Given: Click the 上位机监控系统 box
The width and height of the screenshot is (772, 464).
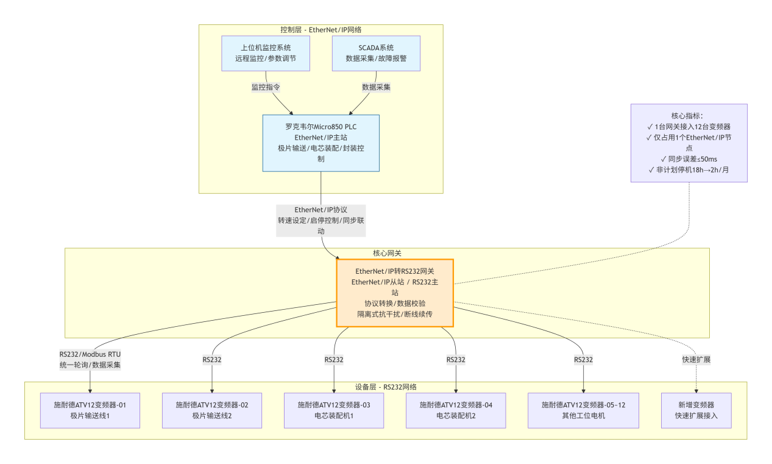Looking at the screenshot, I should click(266, 53).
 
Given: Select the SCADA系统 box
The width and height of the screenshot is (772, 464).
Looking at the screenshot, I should click(376, 53).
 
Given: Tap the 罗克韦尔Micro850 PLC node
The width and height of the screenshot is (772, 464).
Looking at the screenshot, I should click(320, 143).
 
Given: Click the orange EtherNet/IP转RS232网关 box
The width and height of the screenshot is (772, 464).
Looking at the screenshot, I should click(395, 293).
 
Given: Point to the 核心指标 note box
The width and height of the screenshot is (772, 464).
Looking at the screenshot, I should click(689, 143).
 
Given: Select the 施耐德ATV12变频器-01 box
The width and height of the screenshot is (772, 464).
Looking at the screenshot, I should click(90, 410).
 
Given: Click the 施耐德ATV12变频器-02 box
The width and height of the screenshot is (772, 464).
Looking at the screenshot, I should click(212, 410).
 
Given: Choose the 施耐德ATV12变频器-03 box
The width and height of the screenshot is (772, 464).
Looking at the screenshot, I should click(334, 410).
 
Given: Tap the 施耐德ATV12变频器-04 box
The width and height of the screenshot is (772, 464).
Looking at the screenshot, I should click(456, 410).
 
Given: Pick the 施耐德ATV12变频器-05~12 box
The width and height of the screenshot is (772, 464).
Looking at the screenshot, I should click(584, 410).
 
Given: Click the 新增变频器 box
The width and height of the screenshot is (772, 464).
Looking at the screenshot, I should click(696, 410).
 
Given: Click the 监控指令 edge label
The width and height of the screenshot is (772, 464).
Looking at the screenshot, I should click(266, 87).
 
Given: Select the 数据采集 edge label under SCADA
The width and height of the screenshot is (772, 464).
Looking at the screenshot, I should click(376, 87).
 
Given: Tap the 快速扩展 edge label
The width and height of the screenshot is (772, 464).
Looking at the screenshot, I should click(696, 360).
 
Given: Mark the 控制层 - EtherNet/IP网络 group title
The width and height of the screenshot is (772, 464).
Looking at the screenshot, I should click(320, 29).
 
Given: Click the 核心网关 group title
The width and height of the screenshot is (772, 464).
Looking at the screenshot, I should click(387, 252).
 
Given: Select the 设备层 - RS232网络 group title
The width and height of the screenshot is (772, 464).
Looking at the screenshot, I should click(386, 387).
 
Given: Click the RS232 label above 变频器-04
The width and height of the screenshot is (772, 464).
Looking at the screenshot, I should click(456, 360).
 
